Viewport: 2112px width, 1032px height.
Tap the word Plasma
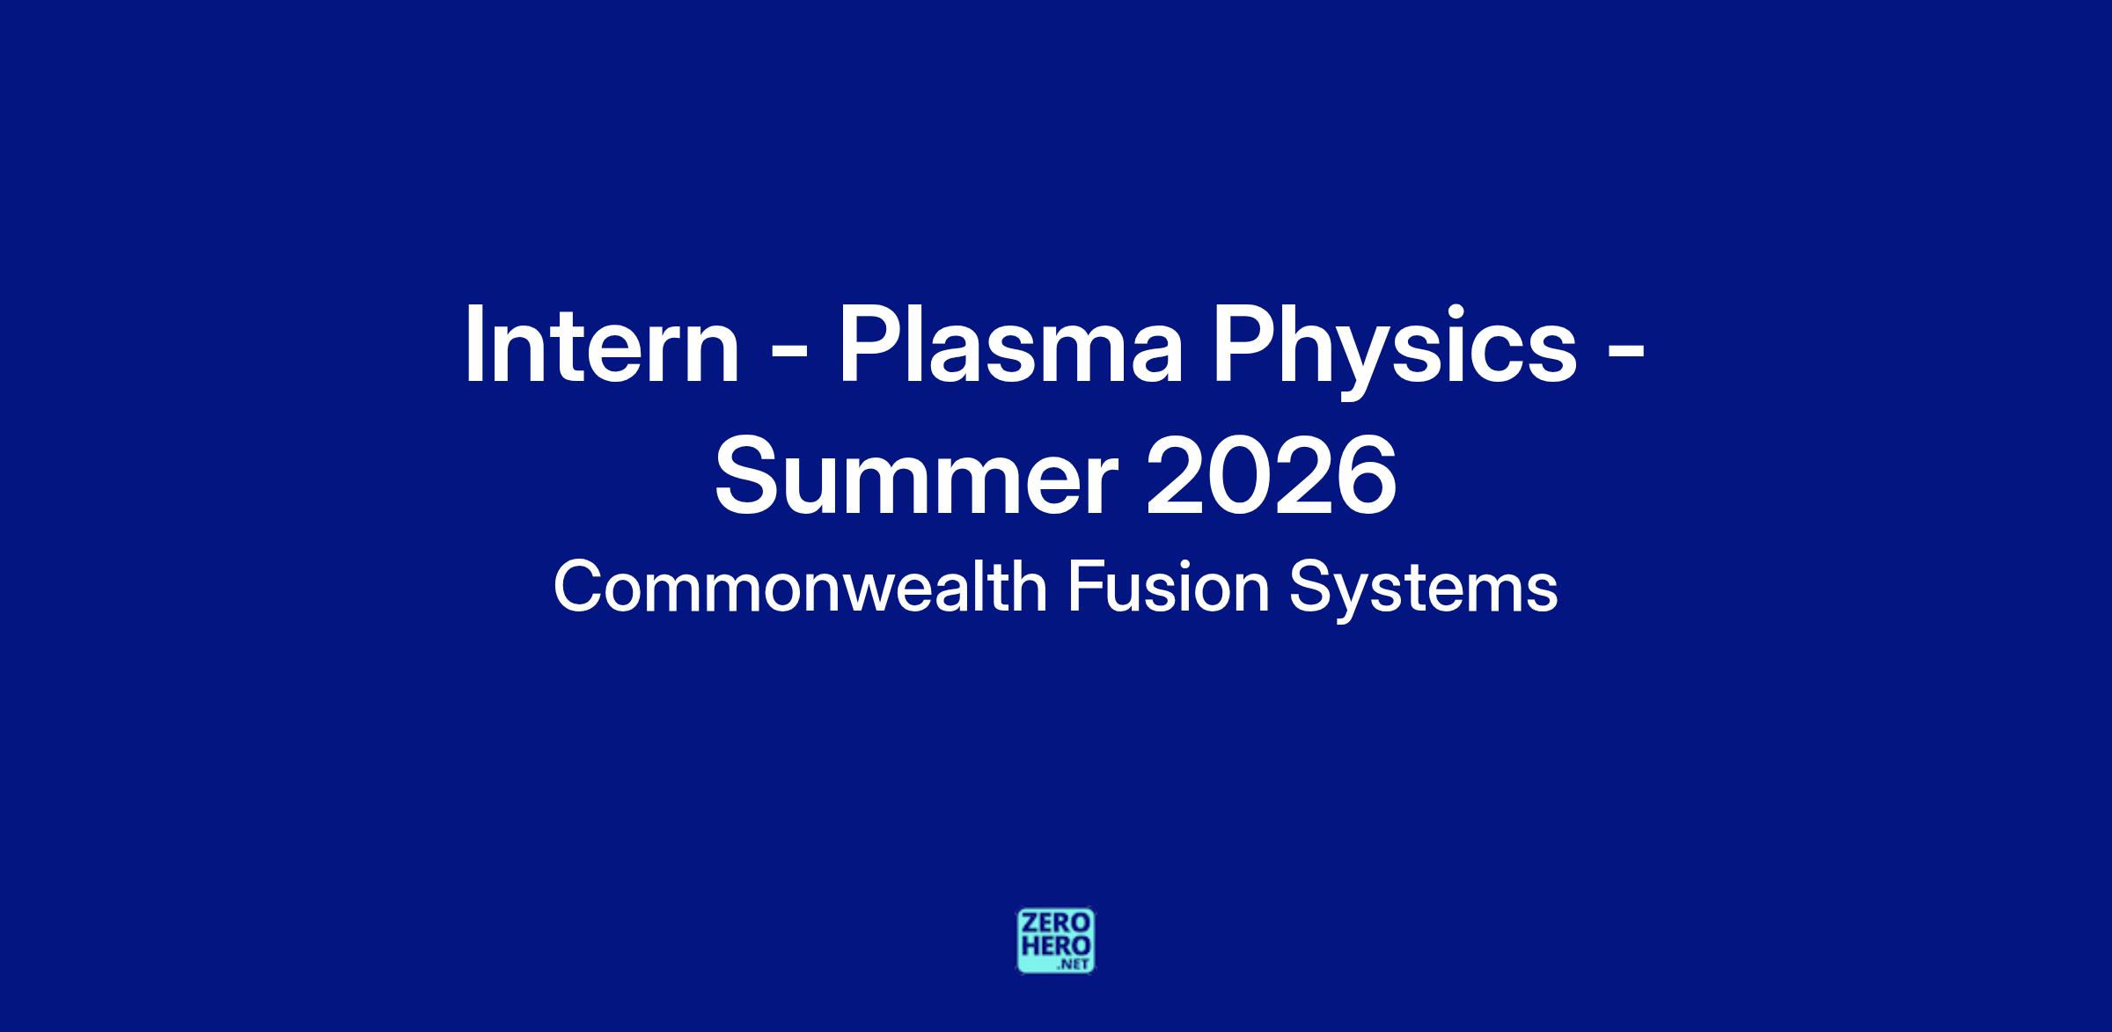tap(1010, 345)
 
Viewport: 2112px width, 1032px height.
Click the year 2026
tap(1271, 477)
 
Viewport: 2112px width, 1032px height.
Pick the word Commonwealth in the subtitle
tap(800, 587)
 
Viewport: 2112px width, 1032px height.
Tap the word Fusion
tap(1169, 587)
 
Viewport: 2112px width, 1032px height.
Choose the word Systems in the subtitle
tap(1423, 591)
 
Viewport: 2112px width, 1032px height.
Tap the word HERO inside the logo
tap(1056, 947)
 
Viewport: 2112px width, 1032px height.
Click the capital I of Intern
tap(473, 345)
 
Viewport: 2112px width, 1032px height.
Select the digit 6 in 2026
tap(1367, 477)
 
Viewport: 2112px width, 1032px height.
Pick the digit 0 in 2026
tap(1239, 477)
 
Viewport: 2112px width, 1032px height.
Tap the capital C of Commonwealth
tap(576, 587)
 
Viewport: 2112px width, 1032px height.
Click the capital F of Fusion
tap(1085, 587)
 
